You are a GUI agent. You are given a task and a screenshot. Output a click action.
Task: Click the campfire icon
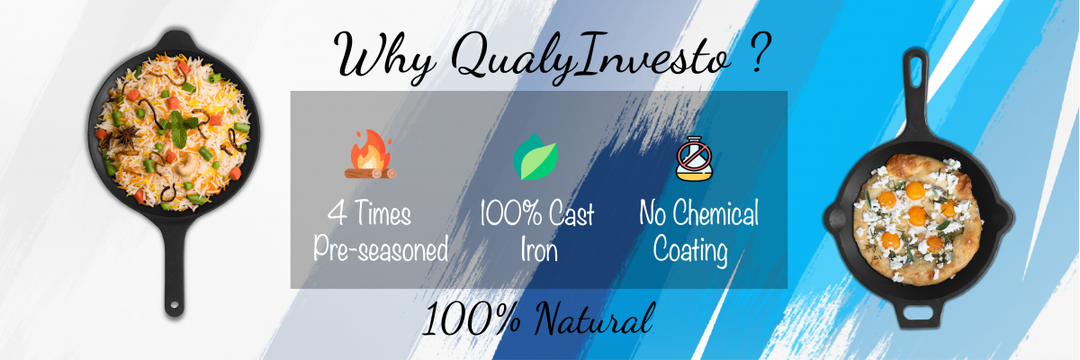pyautogui.click(x=370, y=154)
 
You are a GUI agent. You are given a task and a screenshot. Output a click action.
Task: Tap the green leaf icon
pyautogui.click(x=535, y=157)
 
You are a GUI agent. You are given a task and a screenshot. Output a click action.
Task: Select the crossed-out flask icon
pyautogui.click(x=694, y=158)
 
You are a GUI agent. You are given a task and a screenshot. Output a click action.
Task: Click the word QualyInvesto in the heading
pyautogui.click(x=591, y=58)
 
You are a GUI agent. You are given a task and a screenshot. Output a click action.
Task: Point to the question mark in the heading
pyautogui.click(x=760, y=53)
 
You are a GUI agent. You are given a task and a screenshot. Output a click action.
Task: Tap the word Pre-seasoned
pyautogui.click(x=381, y=248)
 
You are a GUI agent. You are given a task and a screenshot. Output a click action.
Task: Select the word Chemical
pyautogui.click(x=716, y=213)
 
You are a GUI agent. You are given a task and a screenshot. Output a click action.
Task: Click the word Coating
pyautogui.click(x=690, y=249)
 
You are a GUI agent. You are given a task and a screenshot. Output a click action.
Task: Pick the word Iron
pyautogui.click(x=539, y=250)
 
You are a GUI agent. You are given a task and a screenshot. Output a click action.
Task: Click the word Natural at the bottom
pyautogui.click(x=595, y=319)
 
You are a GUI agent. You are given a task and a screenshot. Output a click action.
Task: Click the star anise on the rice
pyautogui.click(x=127, y=137)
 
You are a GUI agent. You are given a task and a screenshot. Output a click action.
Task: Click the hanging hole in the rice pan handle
pyautogui.click(x=174, y=305)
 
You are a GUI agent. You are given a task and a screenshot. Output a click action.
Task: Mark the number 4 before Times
pyautogui.click(x=337, y=212)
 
